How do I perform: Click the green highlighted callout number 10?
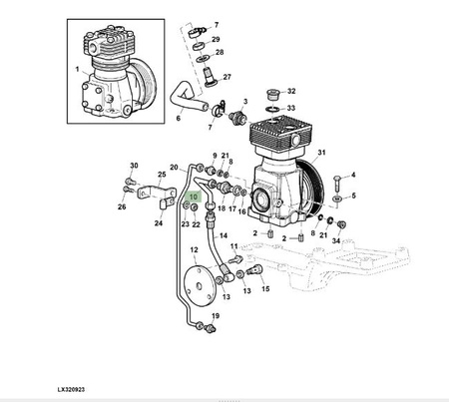point(194,197)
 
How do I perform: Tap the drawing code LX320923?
point(71,389)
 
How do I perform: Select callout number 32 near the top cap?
point(291,91)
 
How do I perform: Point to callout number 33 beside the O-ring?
point(291,108)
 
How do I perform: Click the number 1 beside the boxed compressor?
point(78,70)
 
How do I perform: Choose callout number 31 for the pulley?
point(321,153)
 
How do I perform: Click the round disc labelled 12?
point(199,285)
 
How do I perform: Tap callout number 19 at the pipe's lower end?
point(216,316)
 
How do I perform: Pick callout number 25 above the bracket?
point(162,175)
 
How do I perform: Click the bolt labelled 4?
point(336,183)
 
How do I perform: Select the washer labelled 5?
point(337,199)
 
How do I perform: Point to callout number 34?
point(336,240)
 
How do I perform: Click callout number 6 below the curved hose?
point(179,118)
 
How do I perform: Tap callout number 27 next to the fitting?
point(226,77)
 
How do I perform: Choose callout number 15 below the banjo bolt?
point(265,288)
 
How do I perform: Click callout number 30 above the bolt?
point(134,166)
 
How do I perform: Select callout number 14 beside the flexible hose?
point(224,235)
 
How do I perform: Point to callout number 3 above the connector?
point(245,102)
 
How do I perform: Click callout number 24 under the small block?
point(159,223)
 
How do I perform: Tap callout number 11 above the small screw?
point(234,246)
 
